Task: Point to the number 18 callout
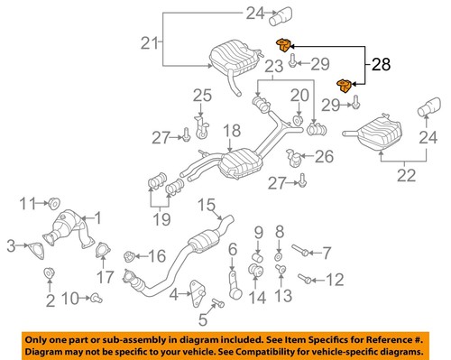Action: [232, 130]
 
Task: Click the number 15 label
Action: [207, 204]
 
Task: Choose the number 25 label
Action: [202, 95]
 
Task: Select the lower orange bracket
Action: [344, 86]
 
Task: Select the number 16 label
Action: [156, 255]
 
